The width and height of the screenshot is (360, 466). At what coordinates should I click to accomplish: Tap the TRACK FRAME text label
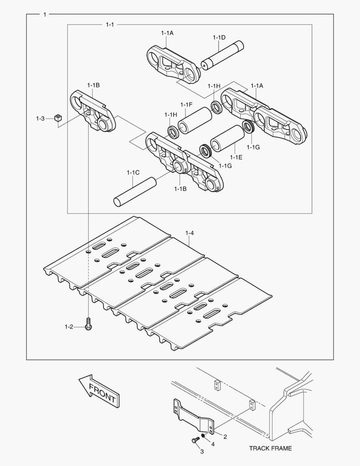tap(270, 448)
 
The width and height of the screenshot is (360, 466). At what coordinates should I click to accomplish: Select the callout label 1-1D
tap(219, 38)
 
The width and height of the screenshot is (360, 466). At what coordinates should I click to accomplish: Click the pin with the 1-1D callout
tap(223, 56)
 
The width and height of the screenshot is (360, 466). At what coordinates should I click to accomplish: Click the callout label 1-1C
tap(133, 173)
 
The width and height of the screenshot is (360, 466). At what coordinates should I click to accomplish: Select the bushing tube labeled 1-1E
tap(227, 138)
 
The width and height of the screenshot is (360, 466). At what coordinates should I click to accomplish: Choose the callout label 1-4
tap(190, 233)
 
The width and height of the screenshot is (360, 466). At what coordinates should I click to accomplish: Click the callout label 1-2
tap(69, 327)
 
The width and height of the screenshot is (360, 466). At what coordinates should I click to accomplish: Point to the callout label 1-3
tap(40, 118)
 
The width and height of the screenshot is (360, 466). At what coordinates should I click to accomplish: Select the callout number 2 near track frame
tap(225, 437)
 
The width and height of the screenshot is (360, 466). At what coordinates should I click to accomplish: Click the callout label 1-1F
tap(186, 105)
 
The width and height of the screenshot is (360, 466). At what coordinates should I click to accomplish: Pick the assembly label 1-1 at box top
tap(110, 25)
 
